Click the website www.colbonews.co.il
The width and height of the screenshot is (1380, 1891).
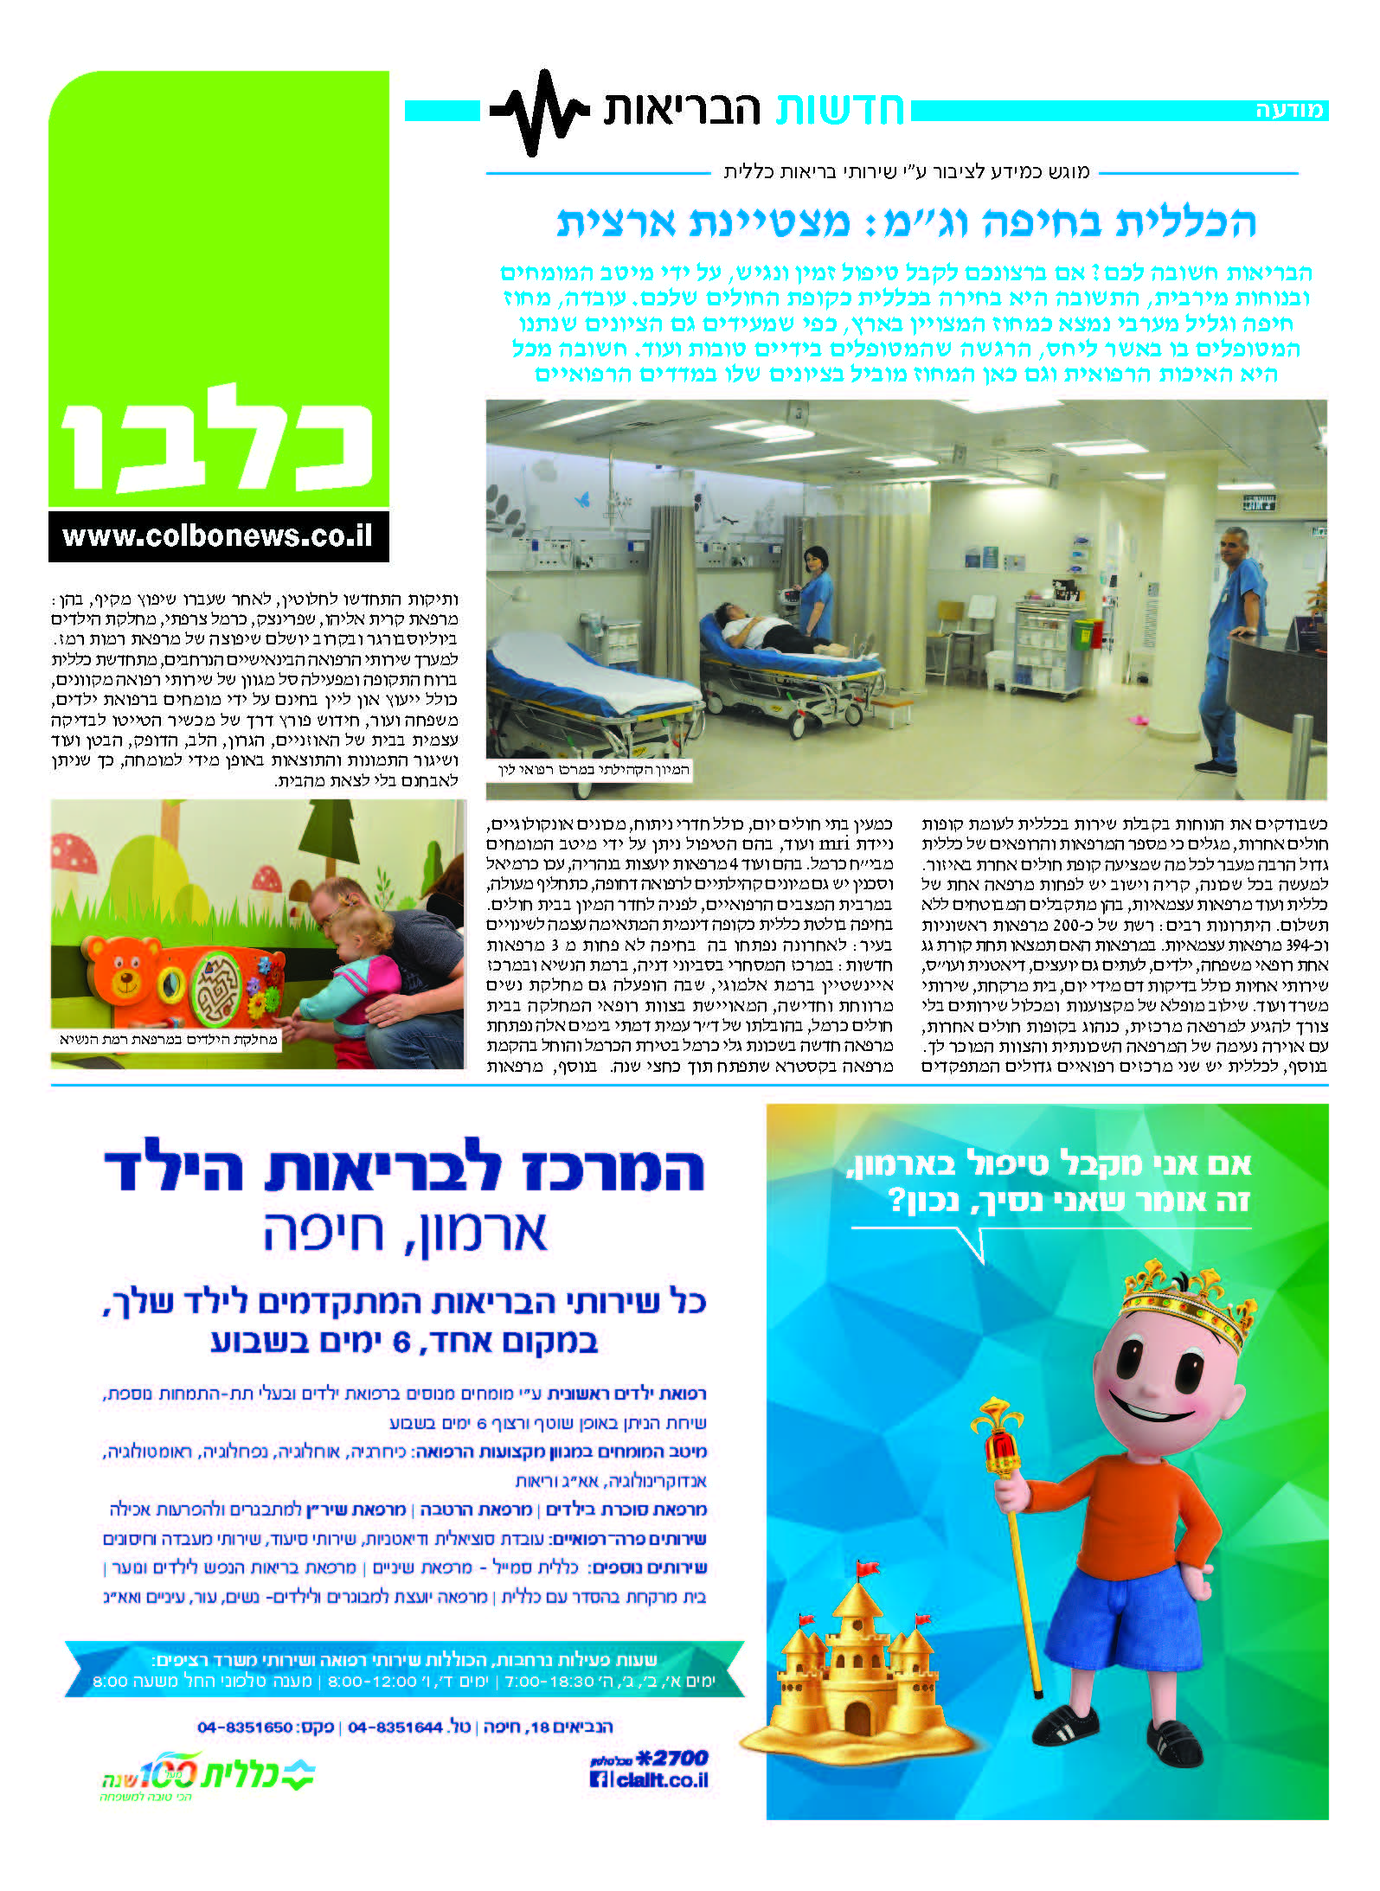tap(218, 536)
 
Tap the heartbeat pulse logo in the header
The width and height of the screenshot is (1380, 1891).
tap(539, 112)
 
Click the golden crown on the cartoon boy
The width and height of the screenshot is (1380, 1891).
tap(1188, 1312)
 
